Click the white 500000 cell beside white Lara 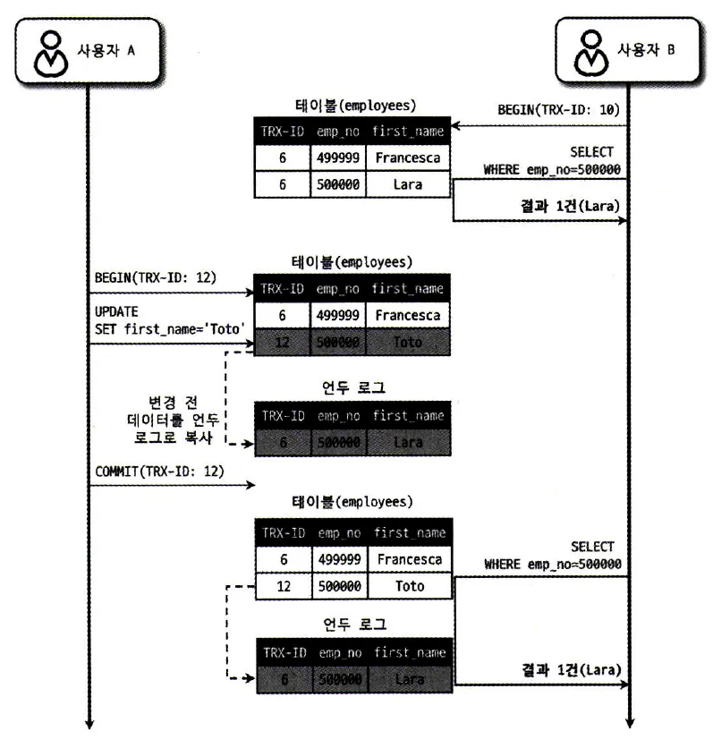click(338, 186)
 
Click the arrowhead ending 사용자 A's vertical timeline click(89, 723)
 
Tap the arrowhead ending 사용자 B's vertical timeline click(631, 723)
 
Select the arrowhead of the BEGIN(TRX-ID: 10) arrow click(454, 125)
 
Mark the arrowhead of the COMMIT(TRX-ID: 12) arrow click(251, 486)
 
